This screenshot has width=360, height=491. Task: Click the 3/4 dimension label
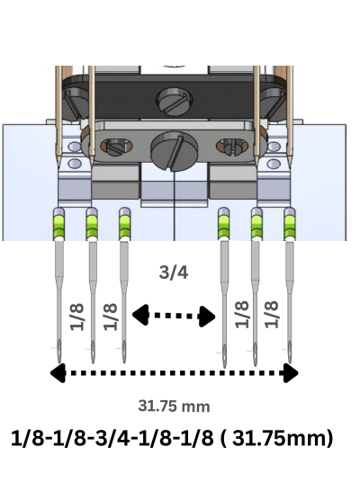coord(174,272)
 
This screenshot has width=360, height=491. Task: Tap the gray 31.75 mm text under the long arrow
coord(174,406)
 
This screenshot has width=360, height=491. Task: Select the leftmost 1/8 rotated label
coord(77,317)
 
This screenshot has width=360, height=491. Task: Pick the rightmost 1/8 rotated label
coord(271,315)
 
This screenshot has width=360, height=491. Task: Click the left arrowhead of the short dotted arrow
coord(140,314)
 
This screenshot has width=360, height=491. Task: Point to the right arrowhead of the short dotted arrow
coord(208,317)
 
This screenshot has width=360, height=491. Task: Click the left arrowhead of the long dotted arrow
coord(58,372)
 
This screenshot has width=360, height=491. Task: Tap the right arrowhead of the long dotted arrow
coord(291,373)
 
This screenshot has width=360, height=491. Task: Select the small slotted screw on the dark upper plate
coord(175,101)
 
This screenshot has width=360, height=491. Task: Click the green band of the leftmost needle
coord(58,226)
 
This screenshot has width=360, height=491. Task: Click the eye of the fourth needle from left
coord(224,353)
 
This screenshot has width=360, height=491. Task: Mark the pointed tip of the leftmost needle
coord(59,363)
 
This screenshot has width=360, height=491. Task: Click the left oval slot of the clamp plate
coord(116,147)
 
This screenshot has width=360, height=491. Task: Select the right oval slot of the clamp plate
coord(232,147)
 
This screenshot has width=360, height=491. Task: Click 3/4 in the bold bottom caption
coord(112,439)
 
